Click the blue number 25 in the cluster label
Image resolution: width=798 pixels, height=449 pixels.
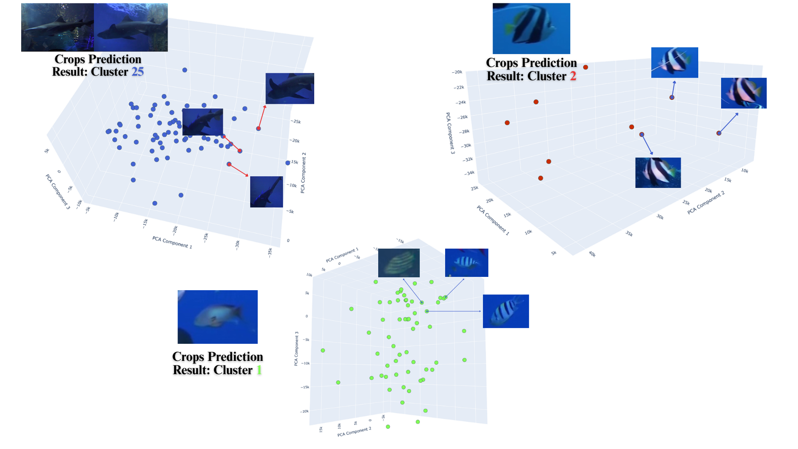click(x=138, y=72)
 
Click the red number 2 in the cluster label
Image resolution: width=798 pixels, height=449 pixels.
click(x=573, y=76)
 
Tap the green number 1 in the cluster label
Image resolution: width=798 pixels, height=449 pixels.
click(x=259, y=370)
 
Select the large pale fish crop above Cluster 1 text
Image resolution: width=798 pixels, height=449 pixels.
click(x=217, y=317)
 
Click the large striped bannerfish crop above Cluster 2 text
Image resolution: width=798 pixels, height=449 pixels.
click(x=531, y=28)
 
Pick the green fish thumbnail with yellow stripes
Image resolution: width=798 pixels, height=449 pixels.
click(x=399, y=263)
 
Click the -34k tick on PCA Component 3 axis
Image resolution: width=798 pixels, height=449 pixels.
click(x=469, y=173)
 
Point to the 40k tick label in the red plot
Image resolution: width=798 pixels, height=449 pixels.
click(x=592, y=254)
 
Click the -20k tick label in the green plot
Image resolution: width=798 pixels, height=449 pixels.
click(x=305, y=411)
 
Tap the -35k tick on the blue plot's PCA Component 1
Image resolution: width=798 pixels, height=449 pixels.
click(x=270, y=252)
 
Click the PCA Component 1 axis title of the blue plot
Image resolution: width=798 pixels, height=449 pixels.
click(x=172, y=242)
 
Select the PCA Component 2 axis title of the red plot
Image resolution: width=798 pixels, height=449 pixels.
click(x=706, y=202)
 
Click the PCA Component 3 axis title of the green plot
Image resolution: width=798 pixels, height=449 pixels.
click(x=296, y=348)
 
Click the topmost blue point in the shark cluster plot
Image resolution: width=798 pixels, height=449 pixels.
click(x=185, y=70)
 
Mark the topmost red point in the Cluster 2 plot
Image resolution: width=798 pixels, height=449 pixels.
click(x=586, y=67)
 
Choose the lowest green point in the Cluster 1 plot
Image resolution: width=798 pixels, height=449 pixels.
click(x=388, y=427)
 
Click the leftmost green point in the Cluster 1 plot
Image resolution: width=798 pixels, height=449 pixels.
click(x=323, y=350)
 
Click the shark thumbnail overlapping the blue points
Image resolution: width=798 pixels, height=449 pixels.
click(x=202, y=122)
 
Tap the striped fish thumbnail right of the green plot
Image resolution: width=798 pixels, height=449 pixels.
click(x=506, y=311)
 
